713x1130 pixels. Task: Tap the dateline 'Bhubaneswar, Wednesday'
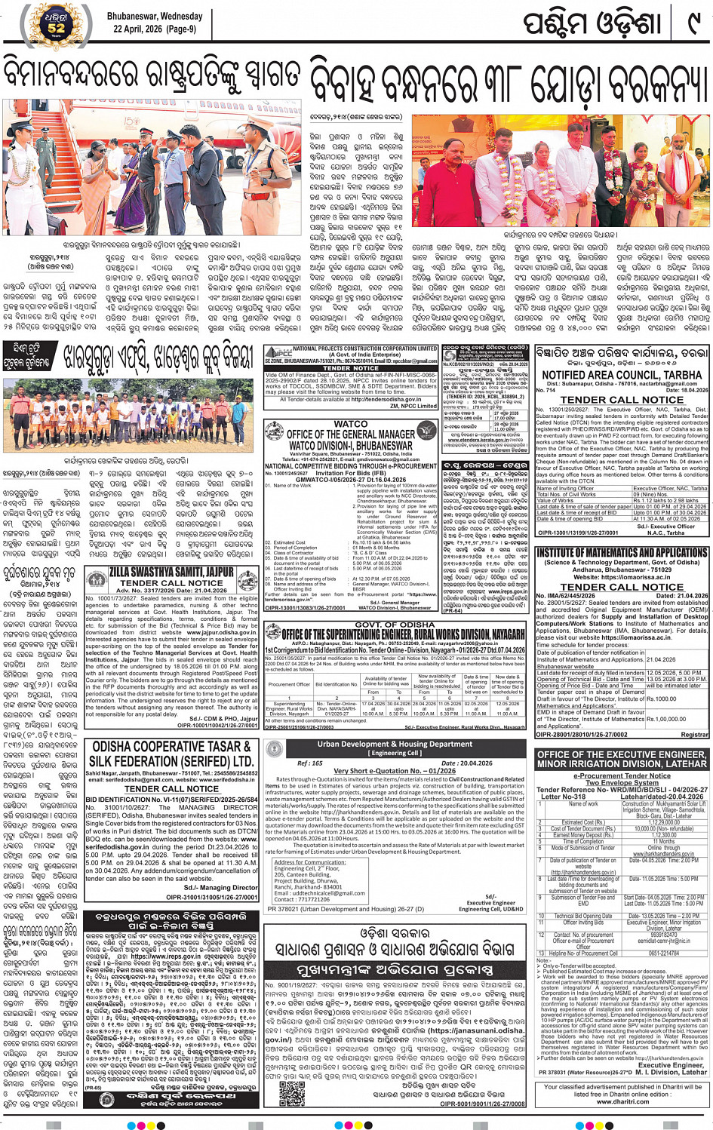click(154, 16)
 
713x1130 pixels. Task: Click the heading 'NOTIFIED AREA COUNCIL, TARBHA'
click(622, 375)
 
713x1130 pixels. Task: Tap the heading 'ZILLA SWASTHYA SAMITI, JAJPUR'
click(171, 573)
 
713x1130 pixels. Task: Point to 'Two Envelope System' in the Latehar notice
click(621, 782)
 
